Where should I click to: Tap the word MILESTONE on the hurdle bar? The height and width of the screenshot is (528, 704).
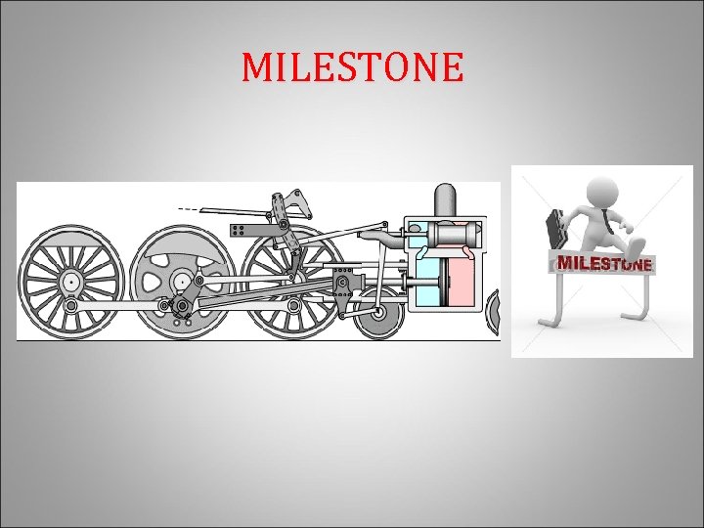pyautogui.click(x=604, y=263)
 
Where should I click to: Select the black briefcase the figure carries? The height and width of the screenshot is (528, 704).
pyautogui.click(x=553, y=228)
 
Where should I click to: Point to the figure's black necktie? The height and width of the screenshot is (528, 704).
pyautogui.click(x=606, y=219)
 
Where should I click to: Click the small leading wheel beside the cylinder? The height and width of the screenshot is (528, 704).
pyautogui.click(x=378, y=315)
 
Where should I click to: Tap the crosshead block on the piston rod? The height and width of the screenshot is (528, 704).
pyautogui.click(x=342, y=285)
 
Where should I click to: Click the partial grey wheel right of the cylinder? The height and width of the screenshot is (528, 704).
pyautogui.click(x=494, y=313)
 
